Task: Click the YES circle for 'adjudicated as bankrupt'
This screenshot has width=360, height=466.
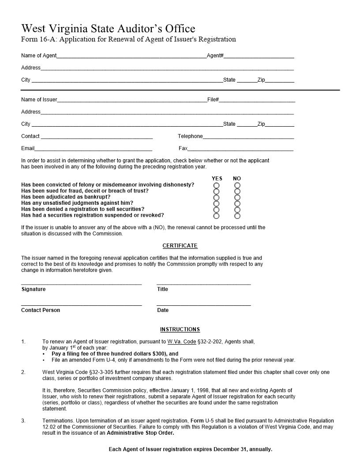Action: pyautogui.click(x=216, y=197)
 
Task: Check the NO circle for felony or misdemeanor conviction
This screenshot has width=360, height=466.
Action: pyautogui.click(x=237, y=185)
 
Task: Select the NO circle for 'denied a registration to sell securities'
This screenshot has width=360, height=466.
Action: pyautogui.click(x=237, y=210)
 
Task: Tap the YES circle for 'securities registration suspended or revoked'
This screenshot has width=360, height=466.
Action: pyautogui.click(x=216, y=216)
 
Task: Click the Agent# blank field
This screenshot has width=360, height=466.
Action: pyautogui.click(x=259, y=56)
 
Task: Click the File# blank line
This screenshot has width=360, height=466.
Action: pyautogui.click(x=257, y=100)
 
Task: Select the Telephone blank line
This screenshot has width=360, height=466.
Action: pyautogui.click(x=248, y=137)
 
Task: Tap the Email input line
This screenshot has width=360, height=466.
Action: pyautogui.click(x=94, y=149)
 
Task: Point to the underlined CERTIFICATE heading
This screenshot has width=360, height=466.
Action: pyautogui.click(x=180, y=246)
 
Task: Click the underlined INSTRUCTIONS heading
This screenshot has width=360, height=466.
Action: pyautogui.click(x=180, y=330)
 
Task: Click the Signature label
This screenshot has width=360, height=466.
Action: pyautogui.click(x=34, y=289)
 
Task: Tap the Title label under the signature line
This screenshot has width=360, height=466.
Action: pyautogui.click(x=163, y=289)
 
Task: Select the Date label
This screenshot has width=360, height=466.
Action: pyautogui.click(x=163, y=310)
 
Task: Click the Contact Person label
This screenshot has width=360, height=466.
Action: pyautogui.click(x=41, y=310)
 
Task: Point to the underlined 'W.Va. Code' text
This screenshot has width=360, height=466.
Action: pyautogui.click(x=181, y=342)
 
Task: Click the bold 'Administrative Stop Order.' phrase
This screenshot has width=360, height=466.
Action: pyautogui.click(x=140, y=433)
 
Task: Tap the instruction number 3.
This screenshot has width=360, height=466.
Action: pyautogui.click(x=23, y=421)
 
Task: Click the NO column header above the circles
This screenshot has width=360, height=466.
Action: pyautogui.click(x=237, y=179)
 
